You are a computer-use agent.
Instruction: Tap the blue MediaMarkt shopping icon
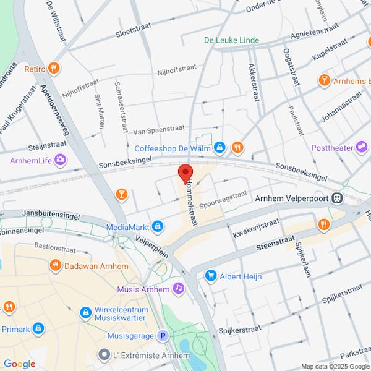coord(158,227)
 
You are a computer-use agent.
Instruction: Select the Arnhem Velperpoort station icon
coord(338,198)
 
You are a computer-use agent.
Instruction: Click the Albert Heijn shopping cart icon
coord(211,275)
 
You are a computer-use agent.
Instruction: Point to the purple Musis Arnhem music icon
coord(178,288)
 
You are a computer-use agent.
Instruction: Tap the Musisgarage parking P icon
coord(163,336)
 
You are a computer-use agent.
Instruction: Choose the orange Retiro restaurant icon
coord(54,69)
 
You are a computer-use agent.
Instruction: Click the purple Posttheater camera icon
coord(361,148)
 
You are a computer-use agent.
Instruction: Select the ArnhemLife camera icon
coord(61,161)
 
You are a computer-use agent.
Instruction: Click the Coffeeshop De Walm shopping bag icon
coord(220,148)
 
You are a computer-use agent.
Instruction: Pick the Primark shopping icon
coord(38,328)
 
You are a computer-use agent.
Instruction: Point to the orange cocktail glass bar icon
coord(122,195)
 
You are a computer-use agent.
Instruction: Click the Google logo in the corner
coord(19,364)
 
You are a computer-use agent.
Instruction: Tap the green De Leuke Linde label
coord(232,40)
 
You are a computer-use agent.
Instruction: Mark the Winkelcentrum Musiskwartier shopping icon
coord(85,313)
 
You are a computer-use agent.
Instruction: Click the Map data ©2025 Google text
coord(334,366)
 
